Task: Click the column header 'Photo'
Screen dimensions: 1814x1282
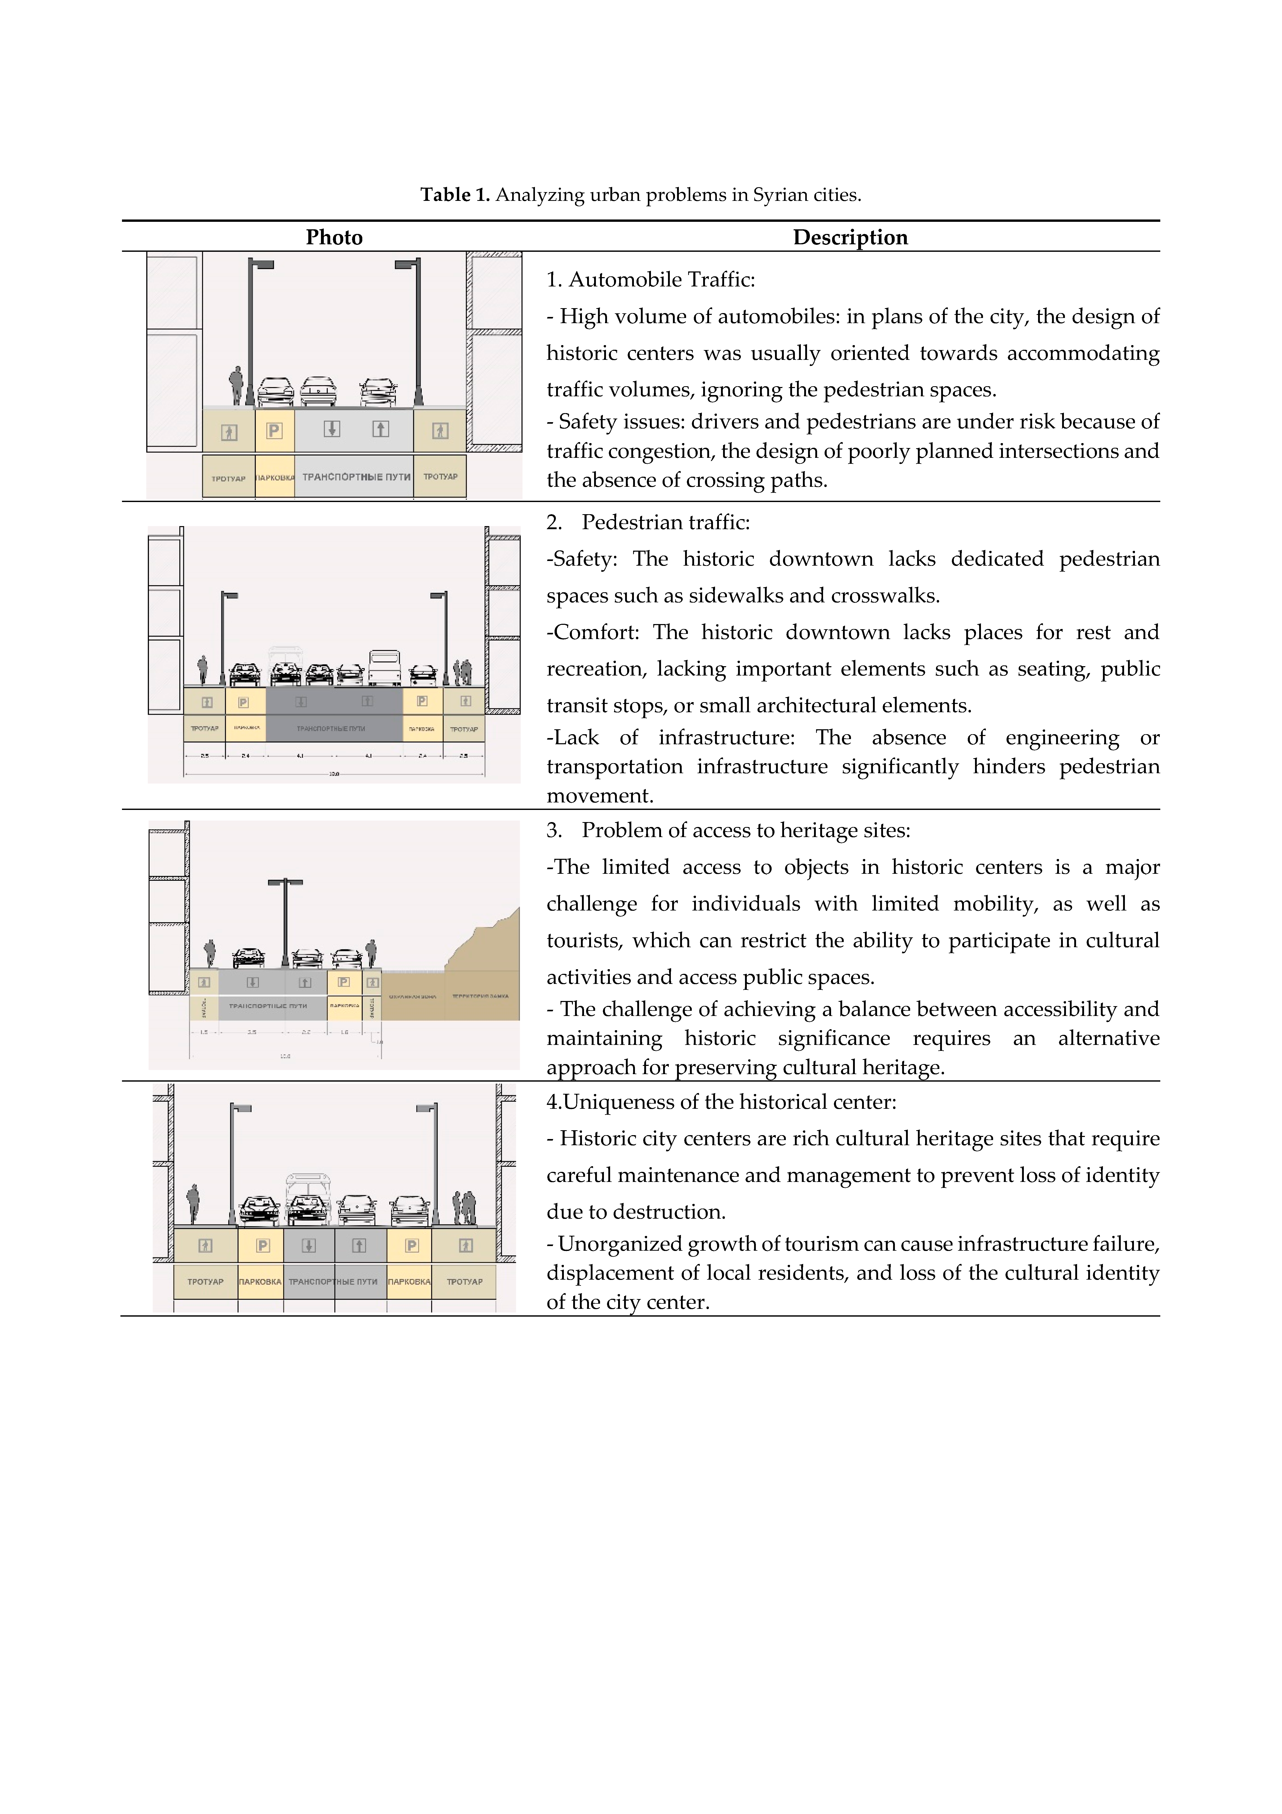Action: (x=334, y=238)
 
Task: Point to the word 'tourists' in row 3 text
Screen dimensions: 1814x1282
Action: (x=583, y=940)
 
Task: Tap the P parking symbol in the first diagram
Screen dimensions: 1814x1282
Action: (x=274, y=431)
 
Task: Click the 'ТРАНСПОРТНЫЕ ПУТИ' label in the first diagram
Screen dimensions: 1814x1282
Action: (x=356, y=477)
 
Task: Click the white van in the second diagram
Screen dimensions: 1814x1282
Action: (x=385, y=666)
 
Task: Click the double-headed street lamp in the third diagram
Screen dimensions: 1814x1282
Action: (x=285, y=920)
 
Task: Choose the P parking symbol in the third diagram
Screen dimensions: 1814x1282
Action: (x=344, y=982)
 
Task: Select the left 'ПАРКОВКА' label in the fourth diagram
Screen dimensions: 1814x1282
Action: (x=260, y=1281)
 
